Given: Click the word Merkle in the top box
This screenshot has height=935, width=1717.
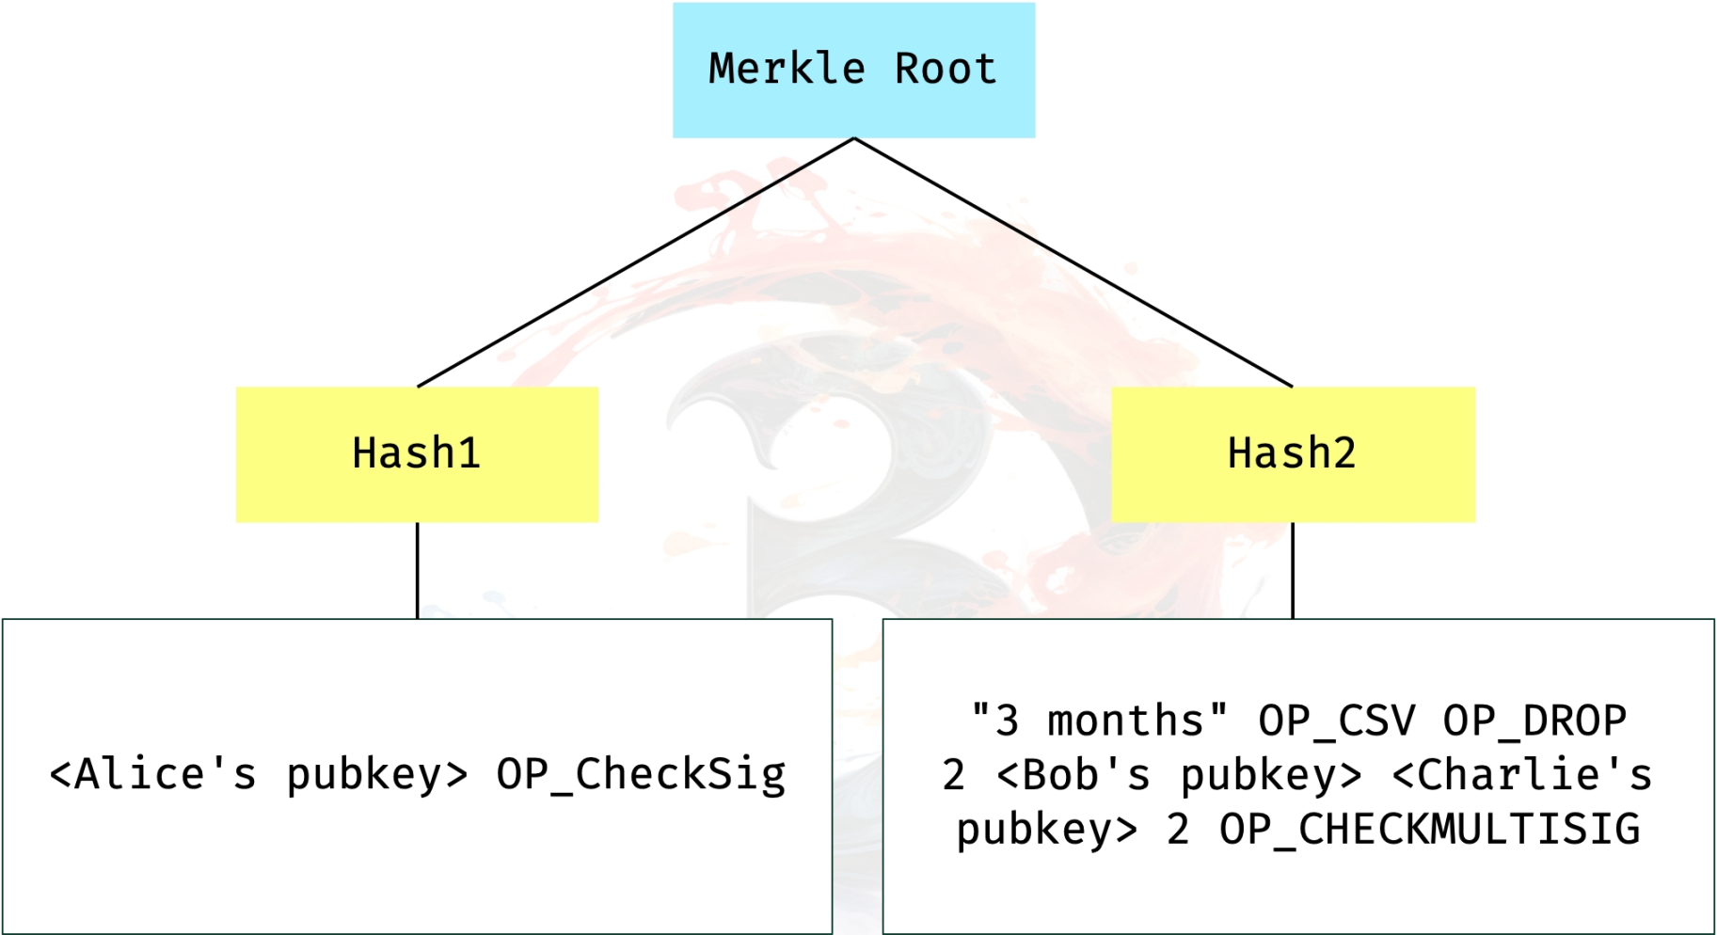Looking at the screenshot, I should click(787, 69).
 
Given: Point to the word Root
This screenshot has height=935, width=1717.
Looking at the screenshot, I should click(945, 69).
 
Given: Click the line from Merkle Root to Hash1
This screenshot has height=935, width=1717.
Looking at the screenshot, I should click(635, 262).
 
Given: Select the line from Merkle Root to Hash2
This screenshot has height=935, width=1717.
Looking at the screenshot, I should click(1073, 262).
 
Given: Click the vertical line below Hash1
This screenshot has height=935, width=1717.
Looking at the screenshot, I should click(417, 570).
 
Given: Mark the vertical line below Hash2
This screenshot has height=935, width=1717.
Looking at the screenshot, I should click(1293, 570).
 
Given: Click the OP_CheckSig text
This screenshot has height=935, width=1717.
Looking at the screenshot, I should click(641, 775).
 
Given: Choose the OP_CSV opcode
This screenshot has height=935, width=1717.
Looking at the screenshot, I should click(1336, 721).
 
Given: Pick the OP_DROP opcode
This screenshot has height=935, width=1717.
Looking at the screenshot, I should click(1534, 721).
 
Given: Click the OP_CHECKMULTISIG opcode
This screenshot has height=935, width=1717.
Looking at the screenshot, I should click(1429, 830).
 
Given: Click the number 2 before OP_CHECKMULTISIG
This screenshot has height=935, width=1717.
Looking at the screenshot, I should click(1177, 830).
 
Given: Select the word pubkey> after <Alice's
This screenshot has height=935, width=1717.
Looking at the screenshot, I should click(376, 775).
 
